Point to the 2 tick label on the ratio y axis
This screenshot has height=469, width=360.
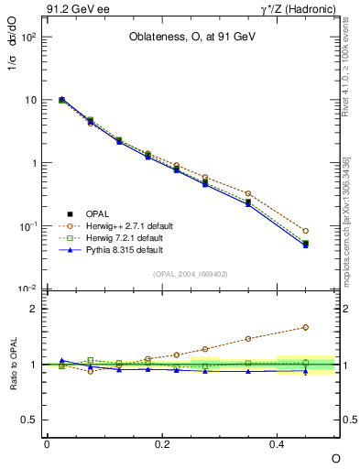click(34, 309)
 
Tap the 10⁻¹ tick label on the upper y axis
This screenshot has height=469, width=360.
click(27, 225)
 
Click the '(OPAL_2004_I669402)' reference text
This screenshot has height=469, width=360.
click(190, 274)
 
